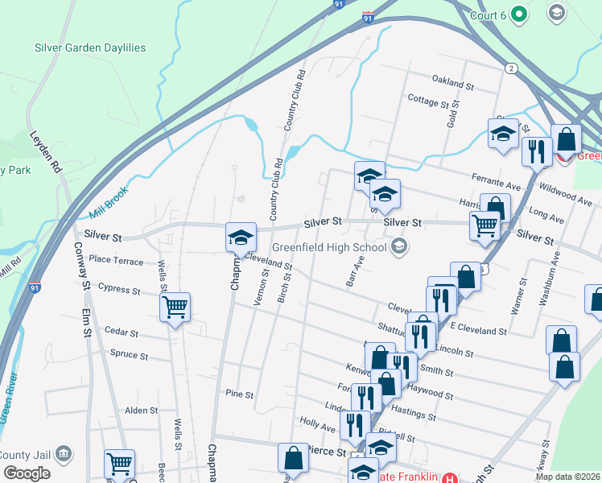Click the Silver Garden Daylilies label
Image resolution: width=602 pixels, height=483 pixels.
click(90, 47)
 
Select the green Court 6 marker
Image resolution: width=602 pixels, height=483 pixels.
click(519, 14)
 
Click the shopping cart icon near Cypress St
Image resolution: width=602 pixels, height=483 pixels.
click(175, 307)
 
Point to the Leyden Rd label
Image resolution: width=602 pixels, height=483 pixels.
click(47, 153)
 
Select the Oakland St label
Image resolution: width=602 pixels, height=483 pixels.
click(453, 83)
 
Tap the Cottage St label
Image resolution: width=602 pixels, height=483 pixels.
click(427, 102)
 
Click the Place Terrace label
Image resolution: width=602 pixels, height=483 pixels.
click(116, 260)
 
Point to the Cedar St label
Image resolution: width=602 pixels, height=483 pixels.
click(122, 332)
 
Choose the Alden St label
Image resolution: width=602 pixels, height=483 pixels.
click(141, 411)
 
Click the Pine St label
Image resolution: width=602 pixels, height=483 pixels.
click(239, 395)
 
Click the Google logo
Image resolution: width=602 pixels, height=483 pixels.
click(27, 473)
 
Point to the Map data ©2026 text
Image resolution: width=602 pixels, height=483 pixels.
click(567, 477)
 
